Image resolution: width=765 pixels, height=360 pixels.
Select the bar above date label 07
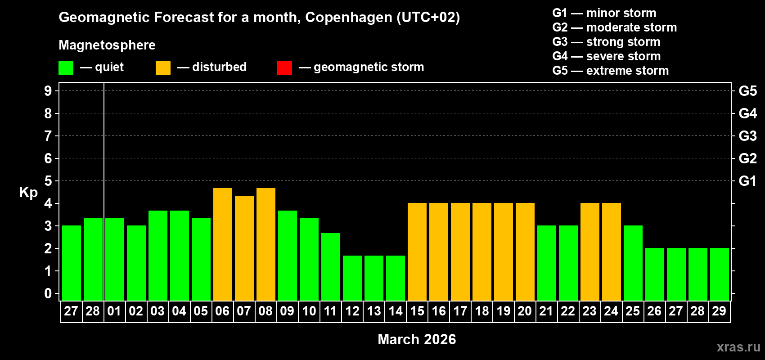244,248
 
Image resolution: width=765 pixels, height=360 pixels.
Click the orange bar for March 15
417,252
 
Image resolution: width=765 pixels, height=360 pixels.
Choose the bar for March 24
612,252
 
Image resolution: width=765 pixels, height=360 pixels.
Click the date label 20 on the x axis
525,311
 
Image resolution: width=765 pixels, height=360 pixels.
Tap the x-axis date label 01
114,311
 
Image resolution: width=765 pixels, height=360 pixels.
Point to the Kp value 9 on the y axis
48,91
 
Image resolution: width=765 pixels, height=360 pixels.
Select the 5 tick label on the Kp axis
48,181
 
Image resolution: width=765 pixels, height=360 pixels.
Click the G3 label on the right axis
747,136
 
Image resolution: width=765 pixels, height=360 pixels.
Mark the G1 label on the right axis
747,181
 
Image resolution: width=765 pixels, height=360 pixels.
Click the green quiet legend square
66,68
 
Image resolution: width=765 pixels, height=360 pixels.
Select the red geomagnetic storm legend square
284,68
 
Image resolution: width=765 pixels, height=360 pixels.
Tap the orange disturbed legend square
163,68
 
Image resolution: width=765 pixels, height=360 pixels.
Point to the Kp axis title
28,192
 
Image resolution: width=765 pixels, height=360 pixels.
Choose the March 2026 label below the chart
417,339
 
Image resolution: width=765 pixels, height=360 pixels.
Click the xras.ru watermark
738,347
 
